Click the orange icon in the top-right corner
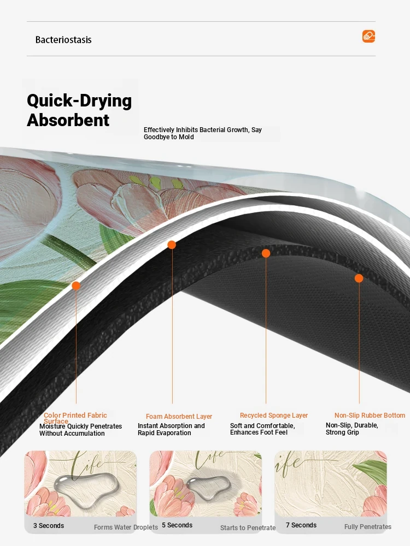click(x=368, y=36)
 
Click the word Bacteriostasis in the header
click(x=63, y=40)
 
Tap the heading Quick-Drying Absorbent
click(x=79, y=110)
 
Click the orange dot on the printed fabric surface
click(x=75, y=286)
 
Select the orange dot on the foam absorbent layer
click(x=172, y=245)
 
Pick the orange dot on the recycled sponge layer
click(x=266, y=253)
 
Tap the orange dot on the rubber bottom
click(x=359, y=278)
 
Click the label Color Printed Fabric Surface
click(x=75, y=418)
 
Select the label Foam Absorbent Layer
click(x=179, y=417)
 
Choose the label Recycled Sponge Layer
click(x=274, y=416)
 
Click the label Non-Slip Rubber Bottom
click(x=370, y=416)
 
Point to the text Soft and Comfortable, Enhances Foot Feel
click(x=262, y=429)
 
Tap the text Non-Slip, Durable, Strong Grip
click(x=352, y=429)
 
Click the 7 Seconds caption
click(x=301, y=525)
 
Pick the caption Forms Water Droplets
click(x=126, y=527)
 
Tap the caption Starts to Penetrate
click(x=248, y=528)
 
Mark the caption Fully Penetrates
click(x=368, y=527)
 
